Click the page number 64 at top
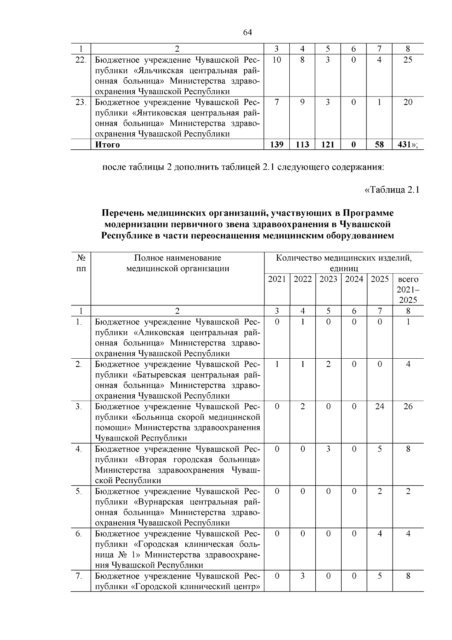[x=247, y=32]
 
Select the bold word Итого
[x=107, y=145]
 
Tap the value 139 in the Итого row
[x=277, y=144]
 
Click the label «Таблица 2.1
[x=392, y=190]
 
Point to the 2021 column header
[x=277, y=279]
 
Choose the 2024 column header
[x=354, y=279]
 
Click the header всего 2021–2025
[x=408, y=290]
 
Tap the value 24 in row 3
[x=380, y=407]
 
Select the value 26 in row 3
[x=408, y=407]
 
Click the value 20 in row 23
[x=408, y=102]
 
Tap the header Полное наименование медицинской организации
[x=177, y=263]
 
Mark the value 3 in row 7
[x=302, y=576]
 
